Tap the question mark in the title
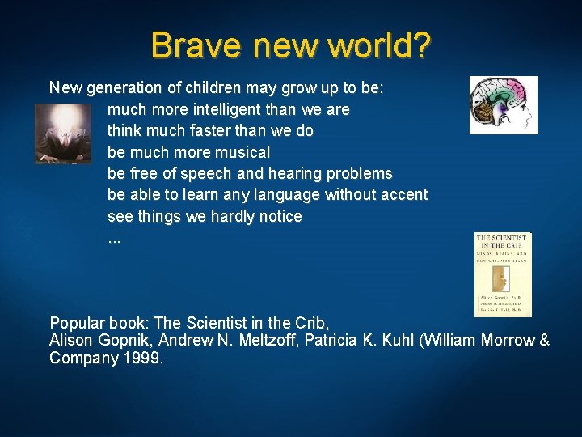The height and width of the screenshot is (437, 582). click(420, 45)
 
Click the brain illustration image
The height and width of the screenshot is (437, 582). click(503, 105)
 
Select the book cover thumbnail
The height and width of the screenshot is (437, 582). click(503, 274)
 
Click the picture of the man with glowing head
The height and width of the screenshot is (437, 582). click(63, 134)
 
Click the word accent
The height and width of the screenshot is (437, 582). click(403, 195)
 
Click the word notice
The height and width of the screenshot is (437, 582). click(279, 216)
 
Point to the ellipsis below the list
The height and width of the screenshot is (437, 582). click(114, 240)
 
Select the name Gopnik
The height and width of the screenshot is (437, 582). click(118, 341)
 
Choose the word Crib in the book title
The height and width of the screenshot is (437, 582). click(314, 322)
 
